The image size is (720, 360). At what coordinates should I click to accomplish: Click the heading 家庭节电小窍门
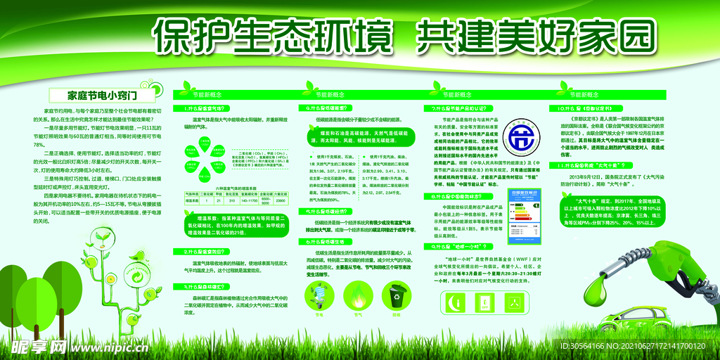(x=101, y=94)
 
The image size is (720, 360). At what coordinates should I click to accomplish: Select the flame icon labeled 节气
(x=358, y=298)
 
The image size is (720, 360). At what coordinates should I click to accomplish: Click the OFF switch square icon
(x=484, y=302)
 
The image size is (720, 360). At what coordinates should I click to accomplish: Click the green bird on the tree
(x=141, y=255)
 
